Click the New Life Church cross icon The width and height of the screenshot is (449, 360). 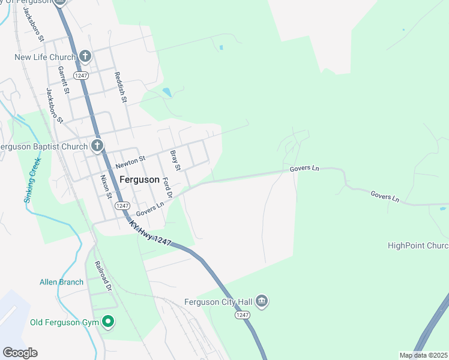85,57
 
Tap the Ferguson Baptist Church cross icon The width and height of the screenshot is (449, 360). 97,146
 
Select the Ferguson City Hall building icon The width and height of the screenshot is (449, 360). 261,301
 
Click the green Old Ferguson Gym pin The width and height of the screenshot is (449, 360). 108,323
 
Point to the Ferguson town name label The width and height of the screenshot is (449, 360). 139,179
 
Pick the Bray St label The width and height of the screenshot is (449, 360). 175,160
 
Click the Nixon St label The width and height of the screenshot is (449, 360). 106,187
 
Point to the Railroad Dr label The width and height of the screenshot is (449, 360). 103,275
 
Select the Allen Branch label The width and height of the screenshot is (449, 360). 61,282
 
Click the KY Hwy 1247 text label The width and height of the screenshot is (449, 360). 150,233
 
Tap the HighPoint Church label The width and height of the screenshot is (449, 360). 418,245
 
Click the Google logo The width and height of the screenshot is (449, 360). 20,353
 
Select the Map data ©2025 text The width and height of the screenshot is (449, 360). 423,355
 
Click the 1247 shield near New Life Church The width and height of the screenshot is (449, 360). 81,75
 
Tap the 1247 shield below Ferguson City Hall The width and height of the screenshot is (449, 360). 242,315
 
